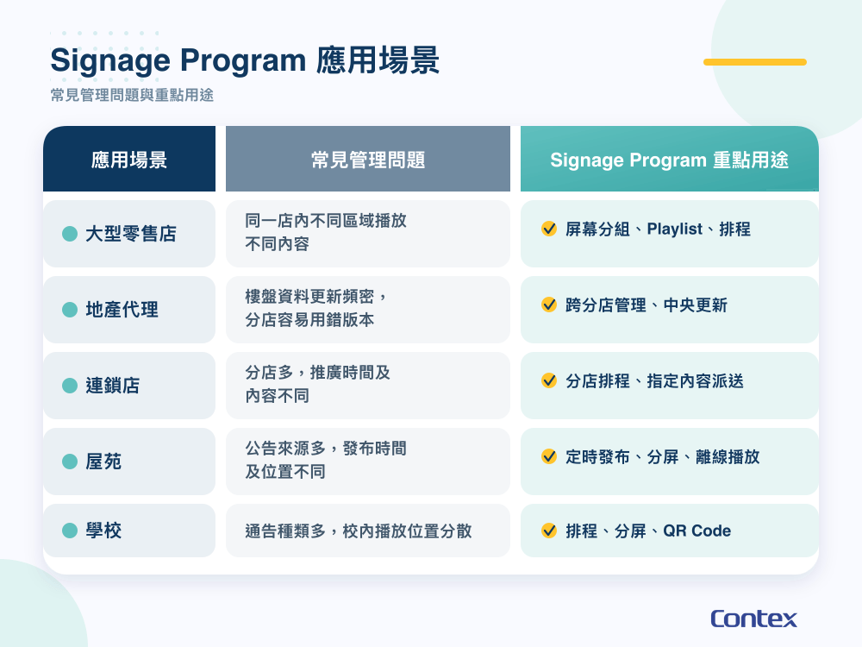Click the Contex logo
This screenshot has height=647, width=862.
point(753,619)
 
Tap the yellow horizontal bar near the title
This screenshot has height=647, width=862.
point(755,62)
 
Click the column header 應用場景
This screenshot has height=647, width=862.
point(129,160)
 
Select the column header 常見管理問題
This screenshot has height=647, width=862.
point(368,160)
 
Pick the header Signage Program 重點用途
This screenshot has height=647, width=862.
point(669,160)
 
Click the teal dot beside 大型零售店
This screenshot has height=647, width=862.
point(70,234)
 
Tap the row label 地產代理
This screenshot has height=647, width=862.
point(122,310)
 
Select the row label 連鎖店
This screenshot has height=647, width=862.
point(113,386)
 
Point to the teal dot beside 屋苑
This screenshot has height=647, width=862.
point(70,462)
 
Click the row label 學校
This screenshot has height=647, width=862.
point(103,531)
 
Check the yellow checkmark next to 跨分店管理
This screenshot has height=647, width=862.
point(548,305)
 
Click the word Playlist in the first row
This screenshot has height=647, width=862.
point(675,229)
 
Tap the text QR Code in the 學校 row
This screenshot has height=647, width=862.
point(697,531)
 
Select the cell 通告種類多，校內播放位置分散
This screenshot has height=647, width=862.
point(359,531)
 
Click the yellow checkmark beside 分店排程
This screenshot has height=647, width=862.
point(548,380)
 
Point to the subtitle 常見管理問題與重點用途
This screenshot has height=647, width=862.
point(132,95)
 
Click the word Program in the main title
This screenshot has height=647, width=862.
point(242,60)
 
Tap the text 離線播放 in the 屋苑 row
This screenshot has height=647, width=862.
point(728,456)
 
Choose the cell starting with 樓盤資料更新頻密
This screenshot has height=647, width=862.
point(316,308)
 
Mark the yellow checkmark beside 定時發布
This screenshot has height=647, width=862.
point(548,456)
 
